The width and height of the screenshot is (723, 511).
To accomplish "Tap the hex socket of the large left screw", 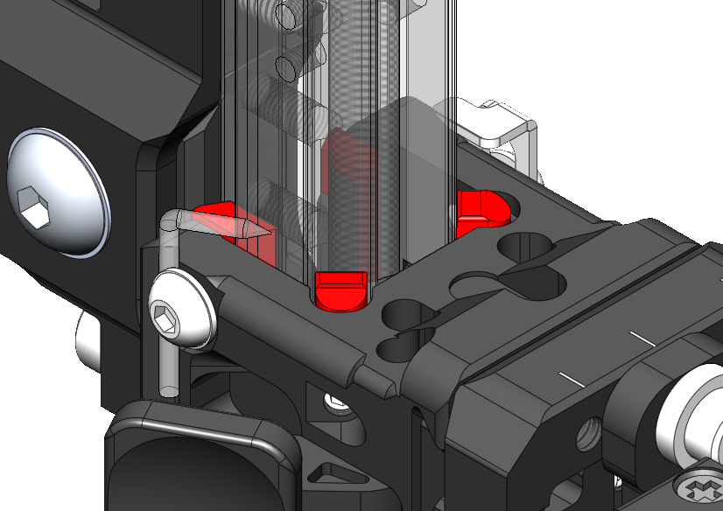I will pyautogui.click(x=36, y=211).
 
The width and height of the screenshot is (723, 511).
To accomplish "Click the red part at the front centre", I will pyautogui.click(x=342, y=290).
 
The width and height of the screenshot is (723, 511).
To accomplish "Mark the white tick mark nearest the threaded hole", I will pyautogui.click(x=571, y=379).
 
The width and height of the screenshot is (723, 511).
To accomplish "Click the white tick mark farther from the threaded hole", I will pyautogui.click(x=642, y=337).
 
